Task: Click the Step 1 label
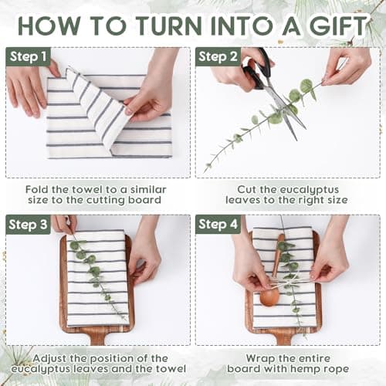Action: click(x=28, y=56)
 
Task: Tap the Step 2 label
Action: click(x=218, y=56)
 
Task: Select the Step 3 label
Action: click(x=28, y=225)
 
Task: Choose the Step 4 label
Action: click(x=218, y=225)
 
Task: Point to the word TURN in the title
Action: click(x=168, y=25)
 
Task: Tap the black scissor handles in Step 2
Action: click(x=256, y=69)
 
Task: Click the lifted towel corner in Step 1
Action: click(x=67, y=69)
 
